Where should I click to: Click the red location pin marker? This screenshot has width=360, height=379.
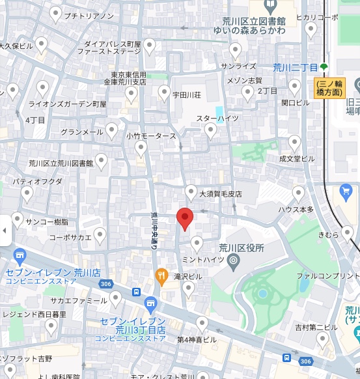click(185, 219)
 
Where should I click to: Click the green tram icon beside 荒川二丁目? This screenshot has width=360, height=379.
click(324, 67)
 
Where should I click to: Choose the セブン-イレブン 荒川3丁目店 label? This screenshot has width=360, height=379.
click(133, 325)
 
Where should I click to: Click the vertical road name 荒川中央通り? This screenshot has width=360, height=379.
click(155, 231)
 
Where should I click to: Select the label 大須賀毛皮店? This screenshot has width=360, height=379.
click(220, 194)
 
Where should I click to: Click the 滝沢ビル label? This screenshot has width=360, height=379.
click(188, 277)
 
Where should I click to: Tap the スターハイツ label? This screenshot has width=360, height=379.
click(217, 119)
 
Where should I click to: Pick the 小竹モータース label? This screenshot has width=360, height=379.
click(151, 136)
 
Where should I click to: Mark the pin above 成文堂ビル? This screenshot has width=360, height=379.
click(295, 142)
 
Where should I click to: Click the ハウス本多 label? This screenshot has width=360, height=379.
click(296, 209)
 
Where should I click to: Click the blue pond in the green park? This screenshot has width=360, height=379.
click(263, 294)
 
